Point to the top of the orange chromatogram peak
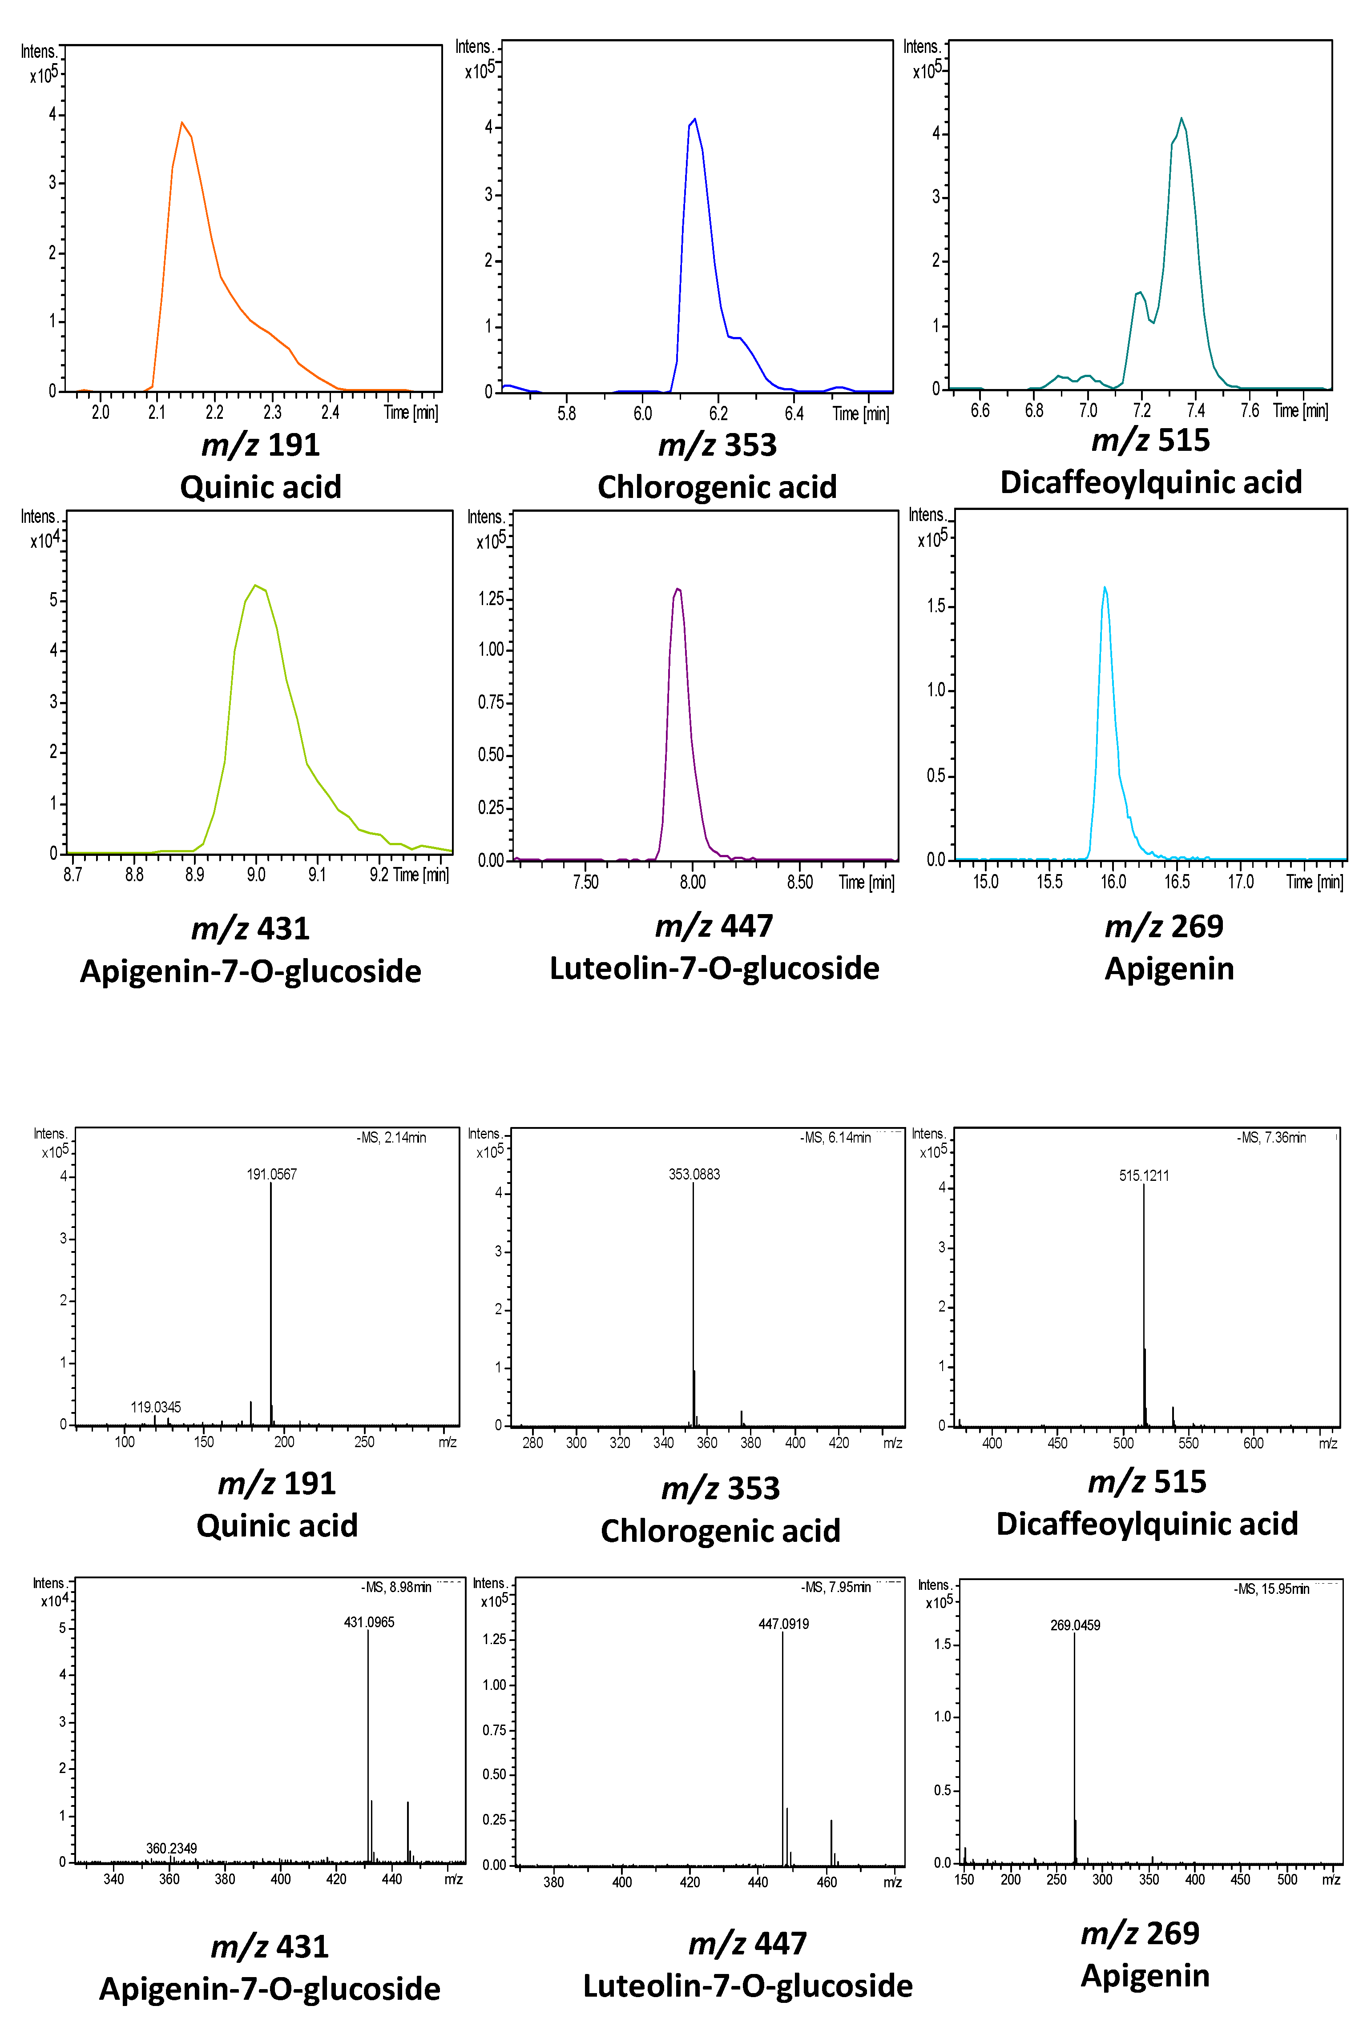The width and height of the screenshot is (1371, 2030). click(182, 122)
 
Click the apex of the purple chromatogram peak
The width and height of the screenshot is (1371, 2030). click(677, 589)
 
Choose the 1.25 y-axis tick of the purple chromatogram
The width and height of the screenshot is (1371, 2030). click(491, 598)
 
